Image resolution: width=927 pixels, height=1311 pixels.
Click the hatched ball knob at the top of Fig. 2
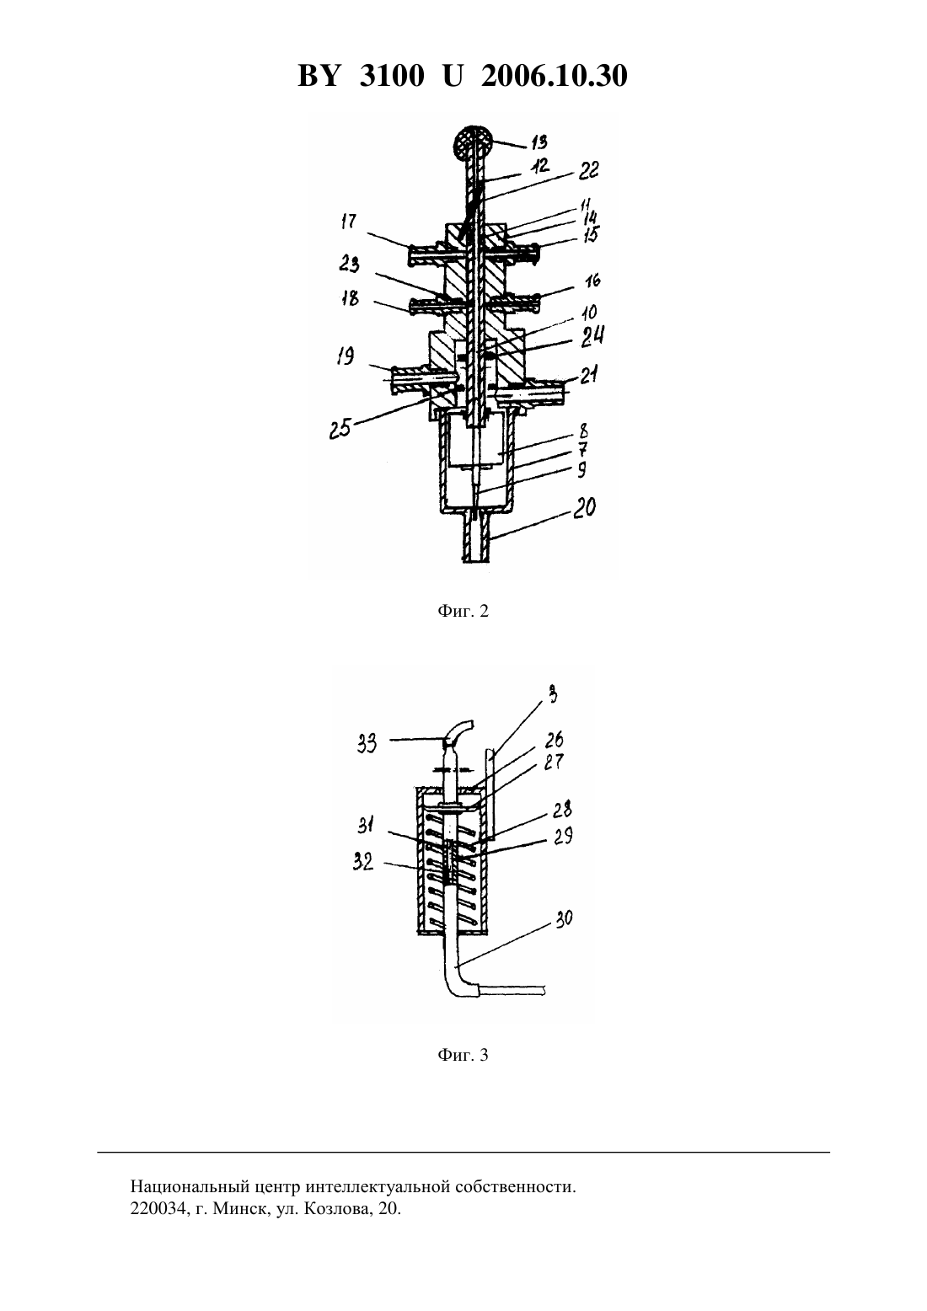click(x=472, y=142)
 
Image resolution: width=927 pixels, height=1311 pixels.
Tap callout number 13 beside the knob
click(x=539, y=142)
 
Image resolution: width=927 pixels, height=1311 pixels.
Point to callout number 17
click(x=349, y=222)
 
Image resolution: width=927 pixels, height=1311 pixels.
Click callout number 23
click(x=349, y=264)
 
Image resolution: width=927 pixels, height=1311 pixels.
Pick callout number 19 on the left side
click(x=346, y=356)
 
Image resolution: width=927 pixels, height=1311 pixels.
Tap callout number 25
click(x=340, y=428)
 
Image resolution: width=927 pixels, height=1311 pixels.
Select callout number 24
click(x=592, y=337)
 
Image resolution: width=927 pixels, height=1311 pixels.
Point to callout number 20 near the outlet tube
click(x=583, y=507)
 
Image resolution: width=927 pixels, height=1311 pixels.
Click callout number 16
click(x=592, y=281)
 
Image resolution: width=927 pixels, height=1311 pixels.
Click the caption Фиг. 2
click(x=463, y=611)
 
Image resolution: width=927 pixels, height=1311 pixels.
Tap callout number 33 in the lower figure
click(x=367, y=745)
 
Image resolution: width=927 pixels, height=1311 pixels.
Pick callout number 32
click(x=363, y=862)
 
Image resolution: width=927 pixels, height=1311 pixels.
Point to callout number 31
click(x=367, y=826)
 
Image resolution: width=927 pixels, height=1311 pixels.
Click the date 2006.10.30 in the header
click(x=555, y=76)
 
